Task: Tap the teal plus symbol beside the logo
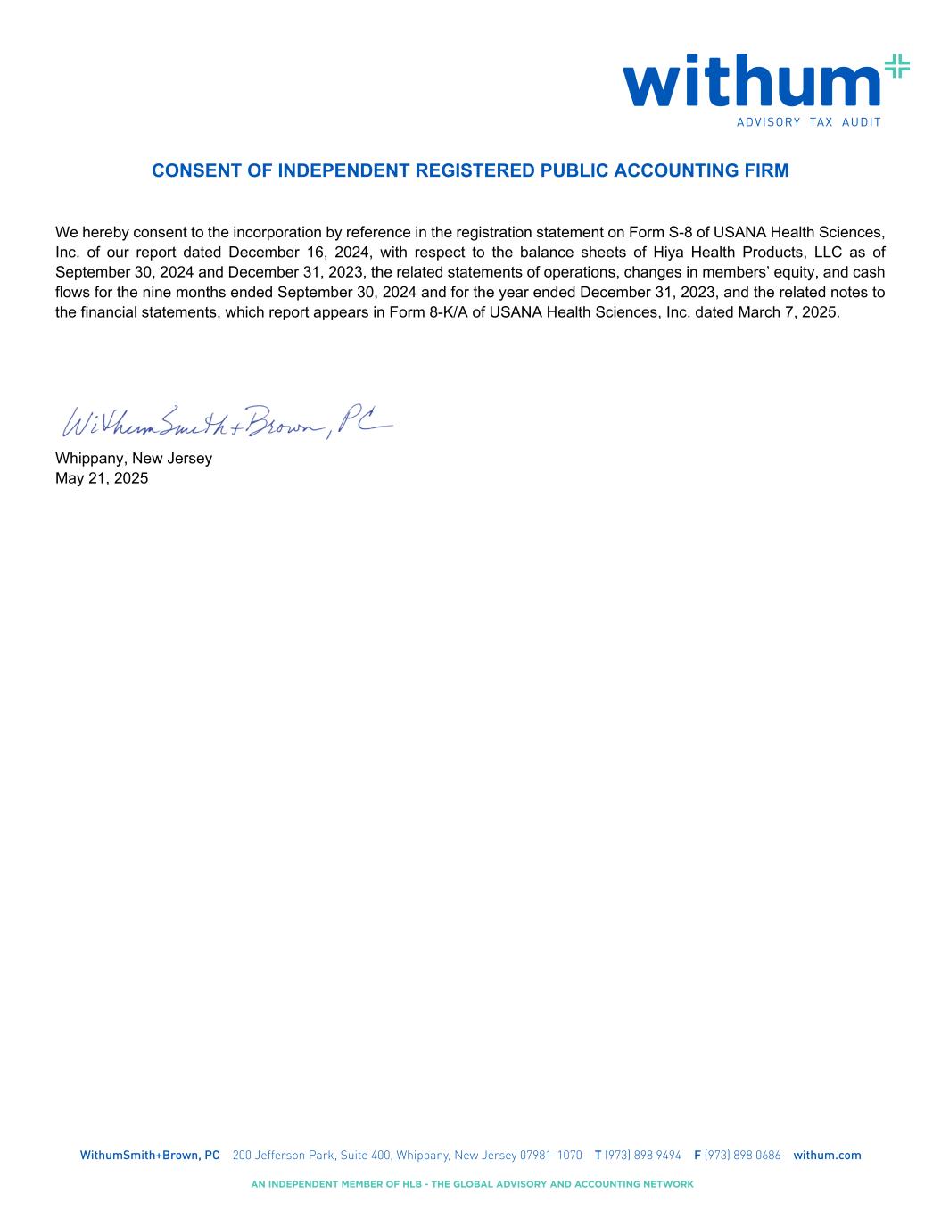[x=896, y=67]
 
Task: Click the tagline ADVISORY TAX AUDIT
[x=808, y=122]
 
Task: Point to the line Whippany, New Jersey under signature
[x=134, y=459]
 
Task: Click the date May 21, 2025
[x=102, y=478]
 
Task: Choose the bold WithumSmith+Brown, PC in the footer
[x=150, y=1155]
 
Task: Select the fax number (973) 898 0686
[x=742, y=1155]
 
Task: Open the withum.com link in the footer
[x=827, y=1155]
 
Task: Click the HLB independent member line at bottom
[x=472, y=1184]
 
